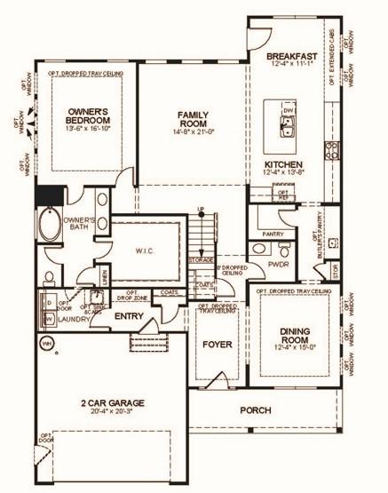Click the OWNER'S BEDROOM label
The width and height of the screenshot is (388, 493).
point(87,116)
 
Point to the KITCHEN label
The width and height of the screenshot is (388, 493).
point(284,165)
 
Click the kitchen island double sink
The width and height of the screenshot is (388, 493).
point(289,122)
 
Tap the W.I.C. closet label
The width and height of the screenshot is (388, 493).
point(146,250)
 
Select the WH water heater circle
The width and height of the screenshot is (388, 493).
point(44,341)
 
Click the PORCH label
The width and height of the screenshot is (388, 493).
point(255,410)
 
